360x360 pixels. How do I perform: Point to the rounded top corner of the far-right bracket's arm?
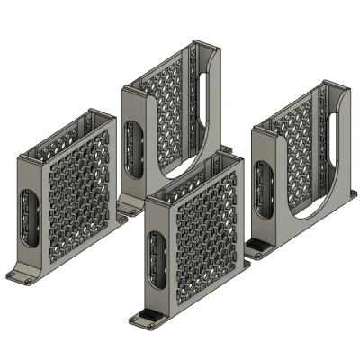[337, 91]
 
